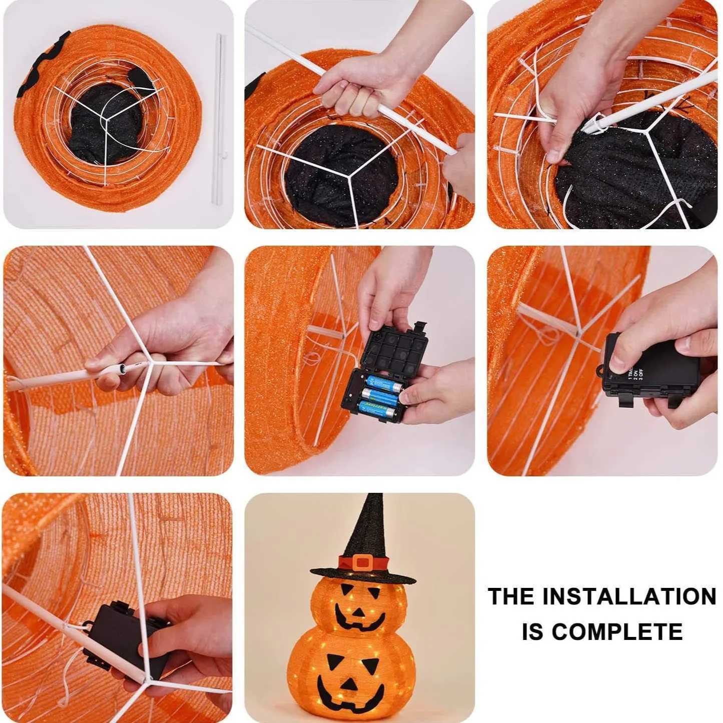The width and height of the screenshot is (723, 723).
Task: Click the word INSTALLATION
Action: [x=629, y=597]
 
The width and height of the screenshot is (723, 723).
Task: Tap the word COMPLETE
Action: [x=617, y=632]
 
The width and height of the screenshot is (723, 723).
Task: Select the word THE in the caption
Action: [x=511, y=597]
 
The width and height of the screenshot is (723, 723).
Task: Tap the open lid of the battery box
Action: [x=395, y=350]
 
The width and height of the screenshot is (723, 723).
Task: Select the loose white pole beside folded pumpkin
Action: [x=219, y=120]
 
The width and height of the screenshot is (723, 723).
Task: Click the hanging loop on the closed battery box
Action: [x=600, y=371]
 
